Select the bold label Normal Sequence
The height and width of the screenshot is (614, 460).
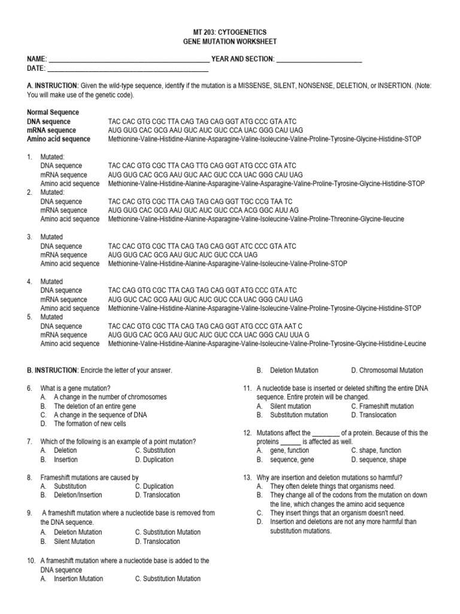tap(53, 112)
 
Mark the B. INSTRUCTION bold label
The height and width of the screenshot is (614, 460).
tap(53, 371)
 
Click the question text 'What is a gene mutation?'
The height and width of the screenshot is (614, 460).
tap(75, 388)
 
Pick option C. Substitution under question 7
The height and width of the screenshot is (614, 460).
tap(155, 450)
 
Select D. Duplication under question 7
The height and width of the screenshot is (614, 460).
tap(154, 460)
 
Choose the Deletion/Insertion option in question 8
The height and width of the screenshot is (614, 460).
tap(77, 495)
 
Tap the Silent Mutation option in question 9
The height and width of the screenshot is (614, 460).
tap(74, 541)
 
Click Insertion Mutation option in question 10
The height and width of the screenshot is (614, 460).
tap(78, 579)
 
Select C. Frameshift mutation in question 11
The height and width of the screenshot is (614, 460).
tap(382, 406)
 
